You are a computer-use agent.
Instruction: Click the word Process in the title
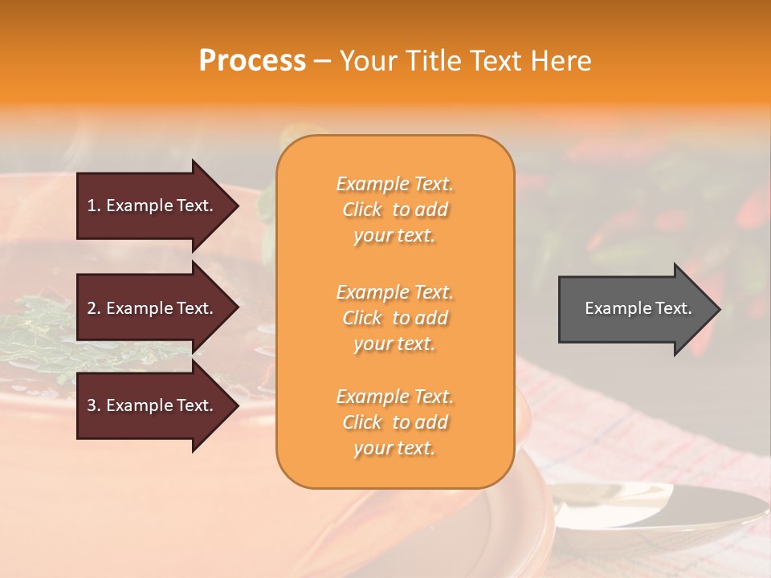coord(252,61)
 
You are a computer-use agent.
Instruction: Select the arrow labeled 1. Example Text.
coord(153,206)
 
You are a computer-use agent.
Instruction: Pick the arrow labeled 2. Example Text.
coord(153,308)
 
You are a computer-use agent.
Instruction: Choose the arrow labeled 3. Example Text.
coord(153,405)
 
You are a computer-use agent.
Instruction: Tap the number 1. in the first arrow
coord(94,206)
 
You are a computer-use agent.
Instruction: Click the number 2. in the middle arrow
coord(94,308)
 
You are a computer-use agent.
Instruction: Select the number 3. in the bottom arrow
coord(94,405)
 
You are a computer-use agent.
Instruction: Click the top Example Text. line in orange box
coord(394,185)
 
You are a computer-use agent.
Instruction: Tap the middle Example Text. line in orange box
coord(394,292)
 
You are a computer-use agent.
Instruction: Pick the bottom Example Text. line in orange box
coord(394,397)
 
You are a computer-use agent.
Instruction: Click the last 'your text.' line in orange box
coord(394,449)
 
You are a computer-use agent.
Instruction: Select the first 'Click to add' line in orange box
coord(394,210)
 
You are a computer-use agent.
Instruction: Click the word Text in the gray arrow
coord(671,308)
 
